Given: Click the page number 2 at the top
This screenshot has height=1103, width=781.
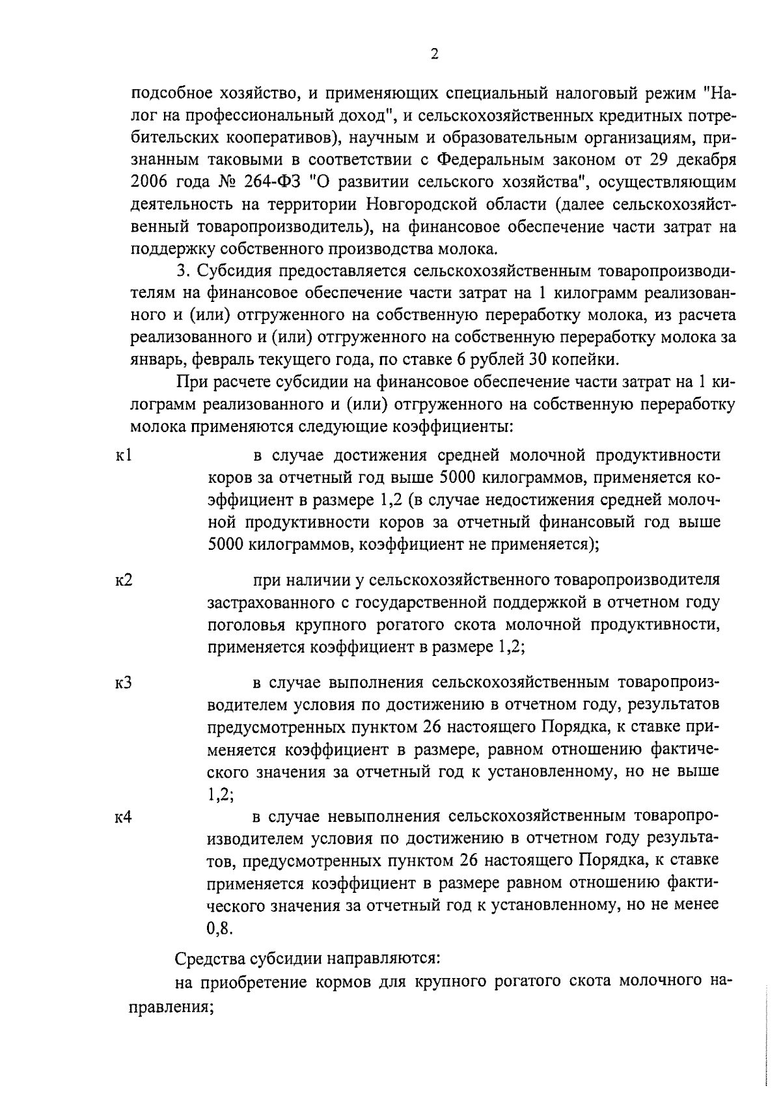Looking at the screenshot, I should point(435,55).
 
